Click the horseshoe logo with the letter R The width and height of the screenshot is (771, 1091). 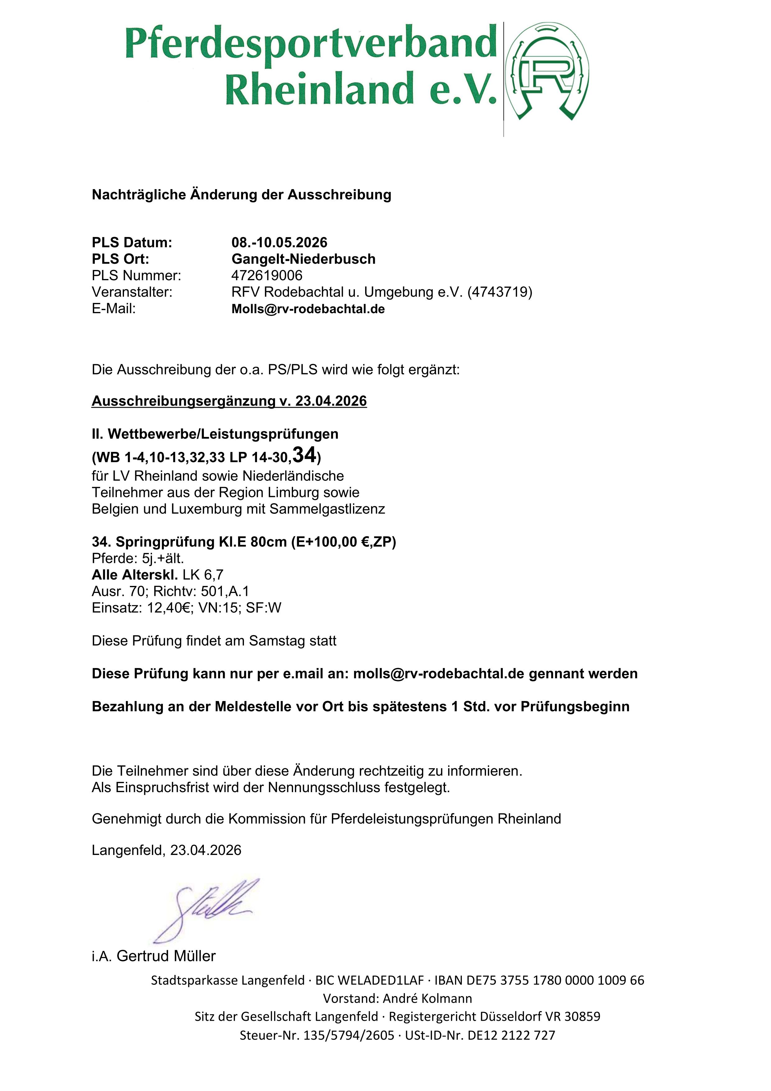pos(547,71)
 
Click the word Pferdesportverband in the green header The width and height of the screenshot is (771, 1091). pos(311,44)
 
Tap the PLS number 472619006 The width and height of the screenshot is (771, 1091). pos(267,276)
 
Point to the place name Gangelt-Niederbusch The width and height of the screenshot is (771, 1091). pos(303,259)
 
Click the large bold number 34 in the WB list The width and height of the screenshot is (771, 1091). pos(304,455)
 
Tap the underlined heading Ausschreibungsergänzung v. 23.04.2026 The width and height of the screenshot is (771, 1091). pos(229,401)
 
